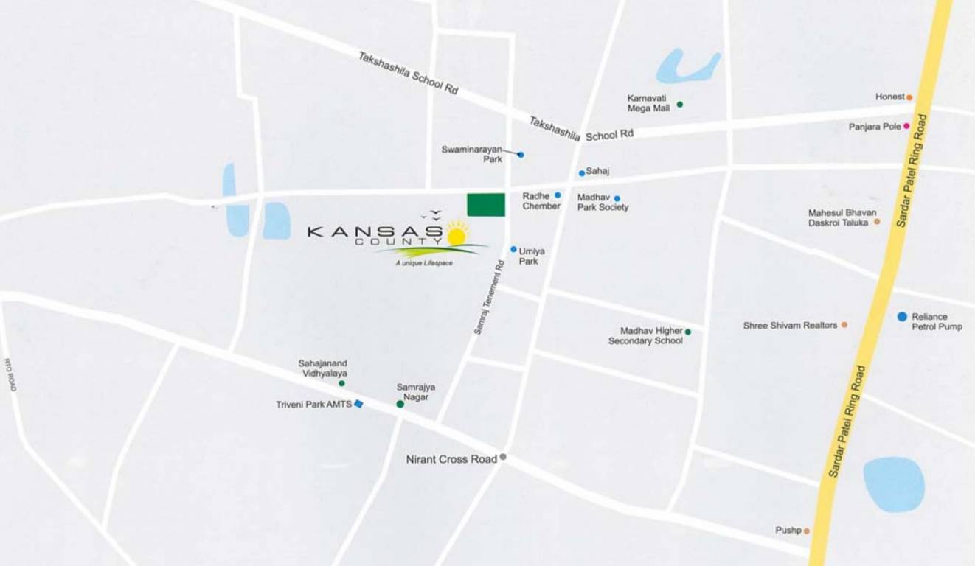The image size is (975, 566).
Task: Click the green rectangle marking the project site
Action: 486,204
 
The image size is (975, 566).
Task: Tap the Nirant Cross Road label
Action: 451,459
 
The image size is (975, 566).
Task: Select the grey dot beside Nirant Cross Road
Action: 503,457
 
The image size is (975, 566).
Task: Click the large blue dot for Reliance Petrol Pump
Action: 902,316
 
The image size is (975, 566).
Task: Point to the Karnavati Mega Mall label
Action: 648,102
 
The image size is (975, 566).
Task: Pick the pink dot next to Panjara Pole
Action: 906,126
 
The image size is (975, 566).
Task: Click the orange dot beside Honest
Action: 909,97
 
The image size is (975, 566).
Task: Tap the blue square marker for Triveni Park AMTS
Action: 358,403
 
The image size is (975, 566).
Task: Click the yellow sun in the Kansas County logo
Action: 457,235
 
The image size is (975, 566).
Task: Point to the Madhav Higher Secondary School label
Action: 646,336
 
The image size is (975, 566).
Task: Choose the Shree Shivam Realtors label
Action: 790,325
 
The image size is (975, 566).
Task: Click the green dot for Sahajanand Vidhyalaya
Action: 341,383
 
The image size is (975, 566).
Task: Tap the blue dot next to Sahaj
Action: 581,173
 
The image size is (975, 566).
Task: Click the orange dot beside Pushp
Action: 806,531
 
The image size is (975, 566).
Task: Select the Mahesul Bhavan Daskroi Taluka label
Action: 842,217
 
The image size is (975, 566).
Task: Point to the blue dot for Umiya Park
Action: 513,249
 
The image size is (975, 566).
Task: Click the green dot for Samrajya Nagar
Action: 400,404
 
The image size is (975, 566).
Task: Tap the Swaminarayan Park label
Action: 472,154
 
